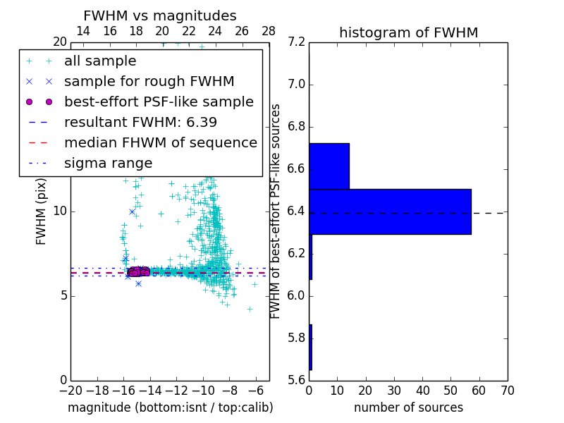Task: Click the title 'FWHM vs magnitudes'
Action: [160, 16]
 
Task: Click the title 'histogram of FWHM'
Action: [408, 32]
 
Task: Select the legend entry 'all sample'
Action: [100, 61]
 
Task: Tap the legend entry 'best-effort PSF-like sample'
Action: [159, 102]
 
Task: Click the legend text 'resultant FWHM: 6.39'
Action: [140, 122]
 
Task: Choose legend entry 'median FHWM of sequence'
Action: [160, 142]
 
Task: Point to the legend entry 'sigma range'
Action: [108, 163]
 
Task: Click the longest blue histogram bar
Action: [390, 211]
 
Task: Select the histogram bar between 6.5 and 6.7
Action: [329, 166]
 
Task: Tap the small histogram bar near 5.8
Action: [310, 347]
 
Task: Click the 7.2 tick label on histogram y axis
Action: [296, 42]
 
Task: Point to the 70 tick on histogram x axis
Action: [507, 391]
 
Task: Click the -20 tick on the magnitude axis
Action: [70, 391]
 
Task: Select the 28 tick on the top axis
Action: [269, 31]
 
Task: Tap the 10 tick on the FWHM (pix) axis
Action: [59, 211]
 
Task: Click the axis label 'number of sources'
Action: [408, 407]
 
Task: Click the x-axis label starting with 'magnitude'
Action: [170, 407]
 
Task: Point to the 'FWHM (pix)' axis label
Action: [42, 211]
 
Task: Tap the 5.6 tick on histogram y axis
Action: [296, 380]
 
